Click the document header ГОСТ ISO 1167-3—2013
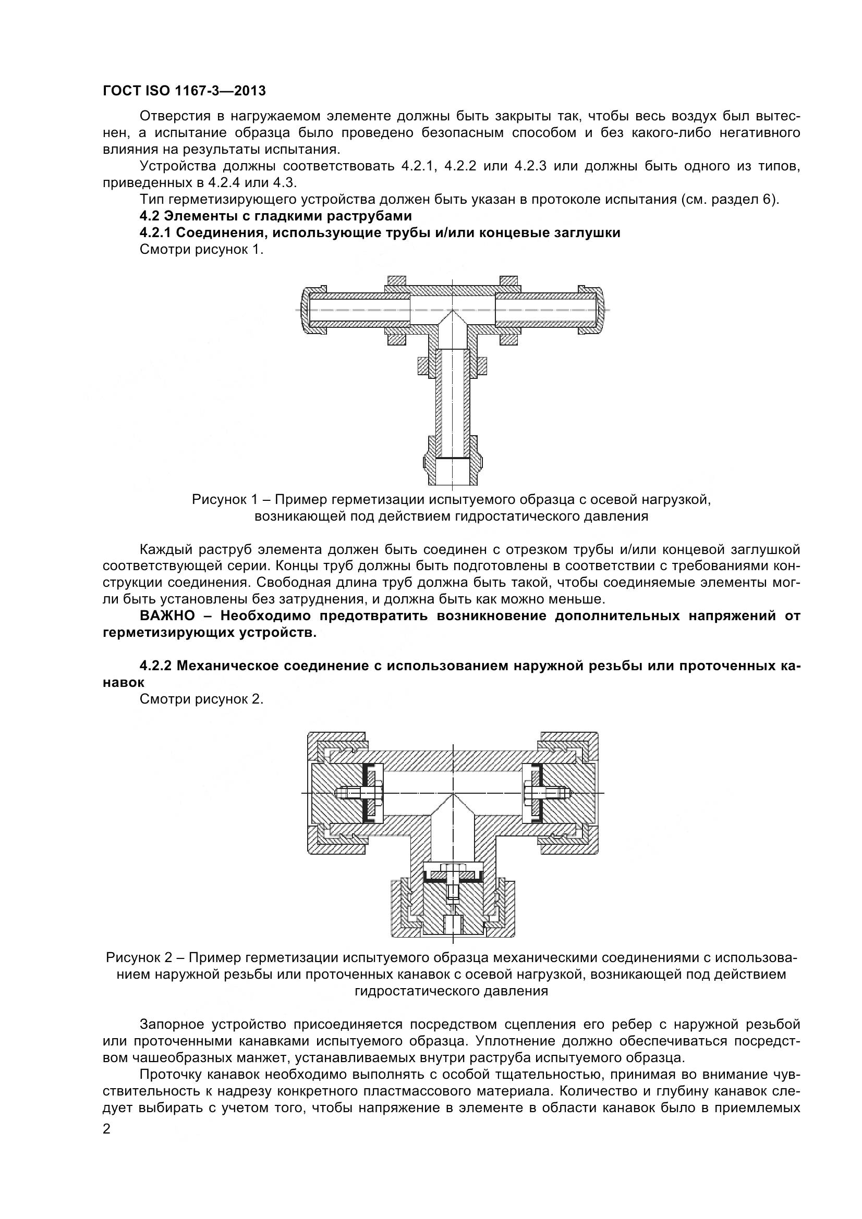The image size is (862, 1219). [x=184, y=91]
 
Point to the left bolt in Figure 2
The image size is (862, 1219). [x=356, y=793]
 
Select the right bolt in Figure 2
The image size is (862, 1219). [x=548, y=793]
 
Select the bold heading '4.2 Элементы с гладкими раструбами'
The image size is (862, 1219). [x=276, y=216]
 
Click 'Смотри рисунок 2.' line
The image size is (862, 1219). [x=202, y=699]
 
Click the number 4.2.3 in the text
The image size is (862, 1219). [x=530, y=166]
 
